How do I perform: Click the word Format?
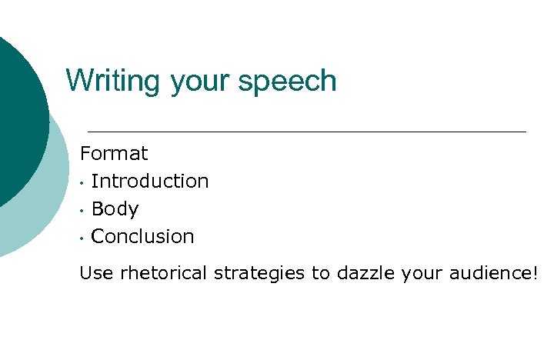tap(114, 153)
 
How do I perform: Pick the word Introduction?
tap(150, 182)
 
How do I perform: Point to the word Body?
tap(115, 209)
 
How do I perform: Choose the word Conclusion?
tap(142, 237)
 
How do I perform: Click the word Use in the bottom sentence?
tap(96, 273)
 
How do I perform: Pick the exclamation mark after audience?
tap(535, 273)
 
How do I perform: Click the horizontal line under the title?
tap(308, 132)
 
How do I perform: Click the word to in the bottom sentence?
tap(319, 274)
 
